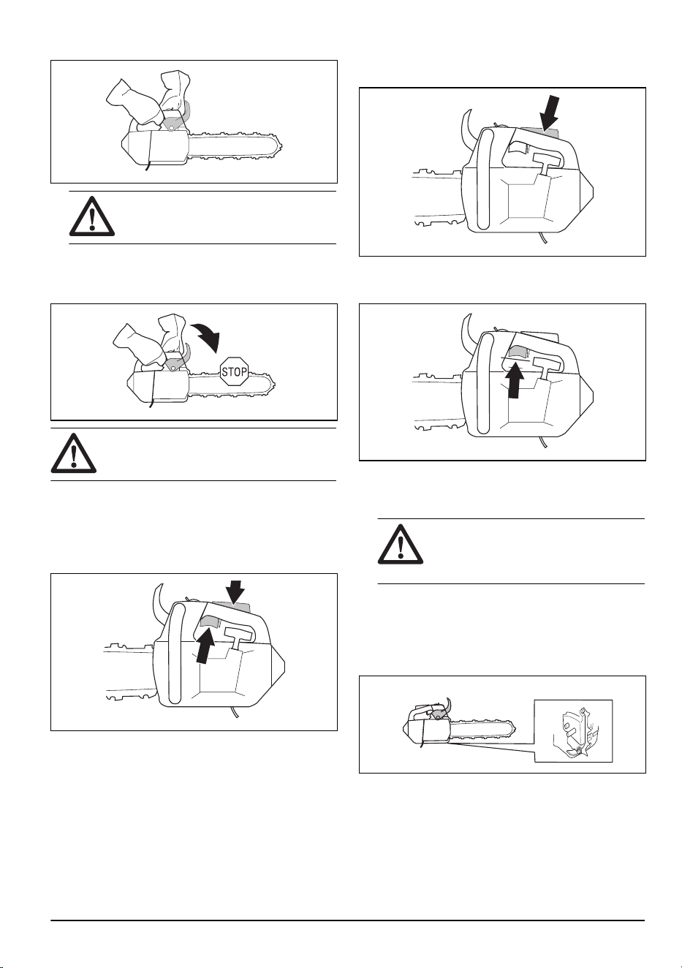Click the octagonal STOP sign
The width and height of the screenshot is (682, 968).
(x=234, y=371)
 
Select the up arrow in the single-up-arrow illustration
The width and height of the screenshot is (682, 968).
(x=513, y=380)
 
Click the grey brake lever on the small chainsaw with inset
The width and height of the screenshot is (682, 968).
(x=439, y=715)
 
